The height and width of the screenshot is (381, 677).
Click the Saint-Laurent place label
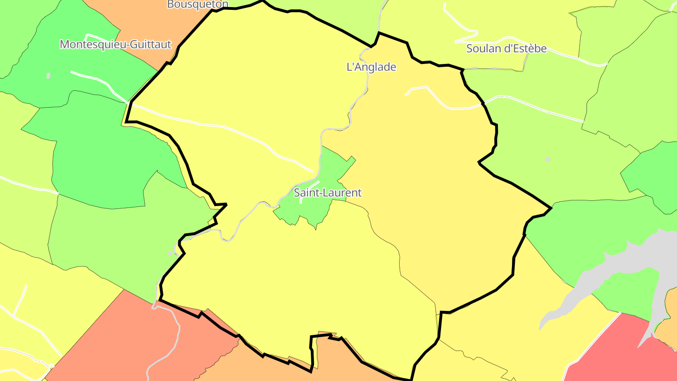pyautogui.click(x=328, y=192)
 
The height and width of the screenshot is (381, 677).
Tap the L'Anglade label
pyautogui.click(x=371, y=67)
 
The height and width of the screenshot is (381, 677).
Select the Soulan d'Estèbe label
pyautogui.click(x=506, y=48)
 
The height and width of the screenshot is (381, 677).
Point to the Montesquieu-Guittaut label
pyautogui.click(x=116, y=45)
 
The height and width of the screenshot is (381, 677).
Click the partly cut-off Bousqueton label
pyautogui.click(x=197, y=4)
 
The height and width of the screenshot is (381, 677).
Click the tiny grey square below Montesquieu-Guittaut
pyautogui.click(x=48, y=76)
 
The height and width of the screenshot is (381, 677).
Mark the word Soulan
pyautogui.click(x=482, y=48)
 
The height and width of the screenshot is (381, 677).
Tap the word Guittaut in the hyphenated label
pyautogui.click(x=150, y=45)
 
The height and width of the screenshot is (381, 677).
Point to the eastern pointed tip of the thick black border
pyautogui.click(x=551, y=207)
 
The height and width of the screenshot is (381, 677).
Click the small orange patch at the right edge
pyautogui.click(x=670, y=320)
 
